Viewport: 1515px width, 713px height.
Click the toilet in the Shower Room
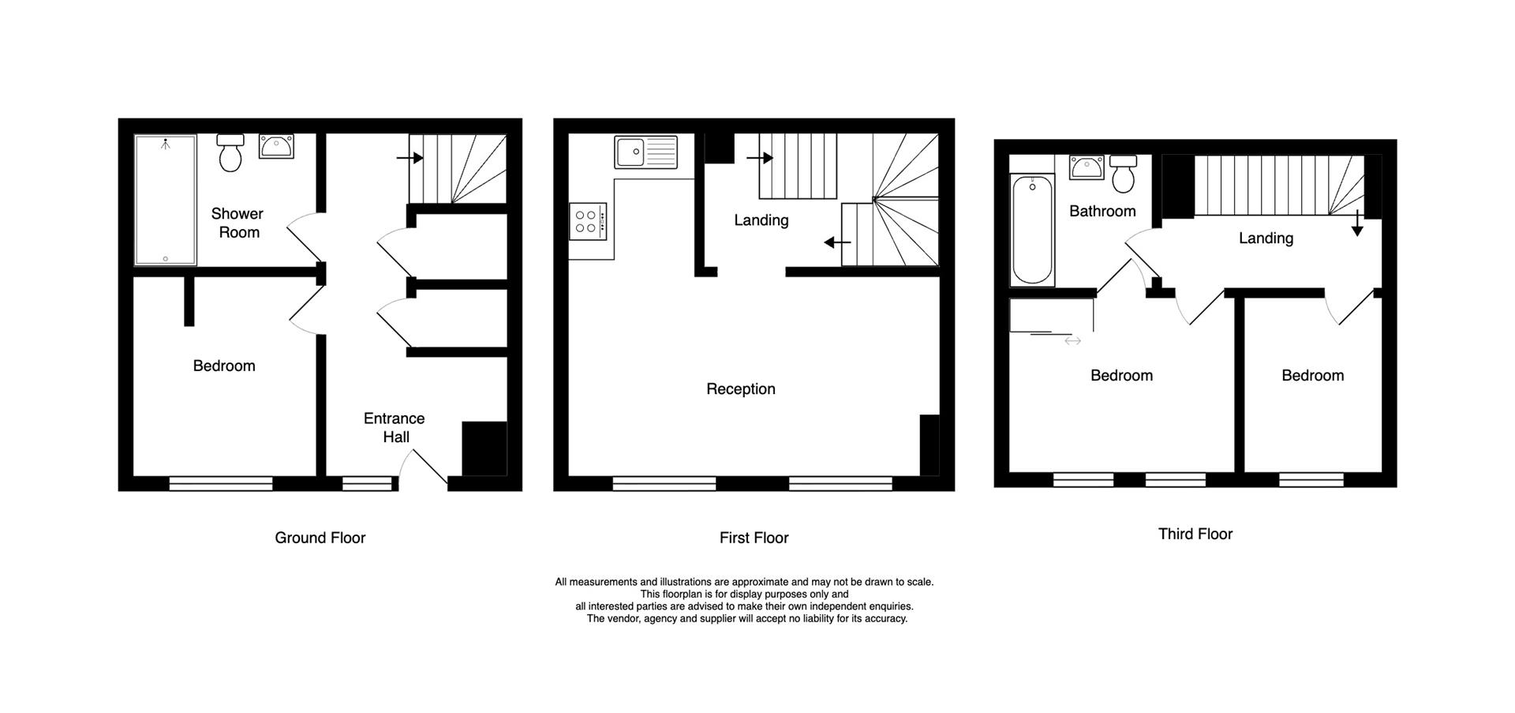(230, 153)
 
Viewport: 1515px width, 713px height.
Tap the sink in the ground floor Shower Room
(276, 146)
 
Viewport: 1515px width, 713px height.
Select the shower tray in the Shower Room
(165, 201)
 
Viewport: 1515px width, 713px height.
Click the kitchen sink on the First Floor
(645, 152)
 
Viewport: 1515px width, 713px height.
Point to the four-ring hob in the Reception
(587, 221)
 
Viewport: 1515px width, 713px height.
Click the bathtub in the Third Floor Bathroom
(1031, 229)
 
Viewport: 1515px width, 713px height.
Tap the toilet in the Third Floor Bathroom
(1123, 174)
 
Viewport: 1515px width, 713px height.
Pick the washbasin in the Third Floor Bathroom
(1087, 167)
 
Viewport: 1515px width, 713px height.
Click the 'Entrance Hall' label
(395, 428)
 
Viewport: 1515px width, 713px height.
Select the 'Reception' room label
(740, 389)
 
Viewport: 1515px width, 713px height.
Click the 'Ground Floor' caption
(320, 538)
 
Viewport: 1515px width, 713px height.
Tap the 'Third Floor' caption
(1195, 534)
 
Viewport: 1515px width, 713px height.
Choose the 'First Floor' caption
(754, 538)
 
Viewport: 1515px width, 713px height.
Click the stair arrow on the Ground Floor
(410, 158)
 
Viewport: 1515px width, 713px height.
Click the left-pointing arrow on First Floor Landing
(837, 242)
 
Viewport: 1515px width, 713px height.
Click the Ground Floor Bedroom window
(221, 482)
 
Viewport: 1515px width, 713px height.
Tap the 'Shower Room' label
(238, 223)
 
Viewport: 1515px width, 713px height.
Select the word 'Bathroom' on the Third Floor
(1102, 211)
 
